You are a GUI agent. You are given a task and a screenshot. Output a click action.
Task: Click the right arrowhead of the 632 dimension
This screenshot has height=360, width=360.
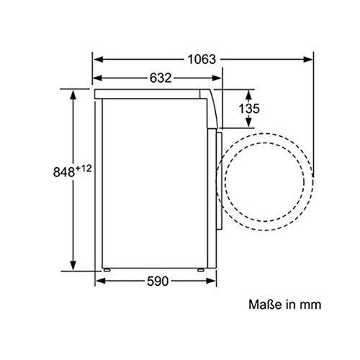220,78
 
